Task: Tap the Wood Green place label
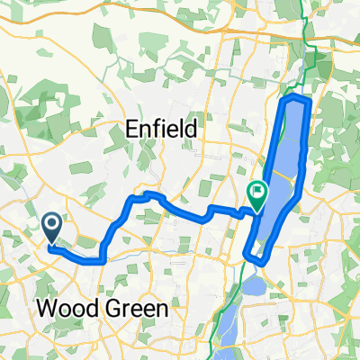[x=101, y=310]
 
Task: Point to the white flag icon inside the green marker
[x=258, y=190]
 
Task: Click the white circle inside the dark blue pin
[x=52, y=223]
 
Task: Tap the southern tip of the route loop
[x=256, y=261]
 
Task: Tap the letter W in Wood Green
[x=44, y=310]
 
